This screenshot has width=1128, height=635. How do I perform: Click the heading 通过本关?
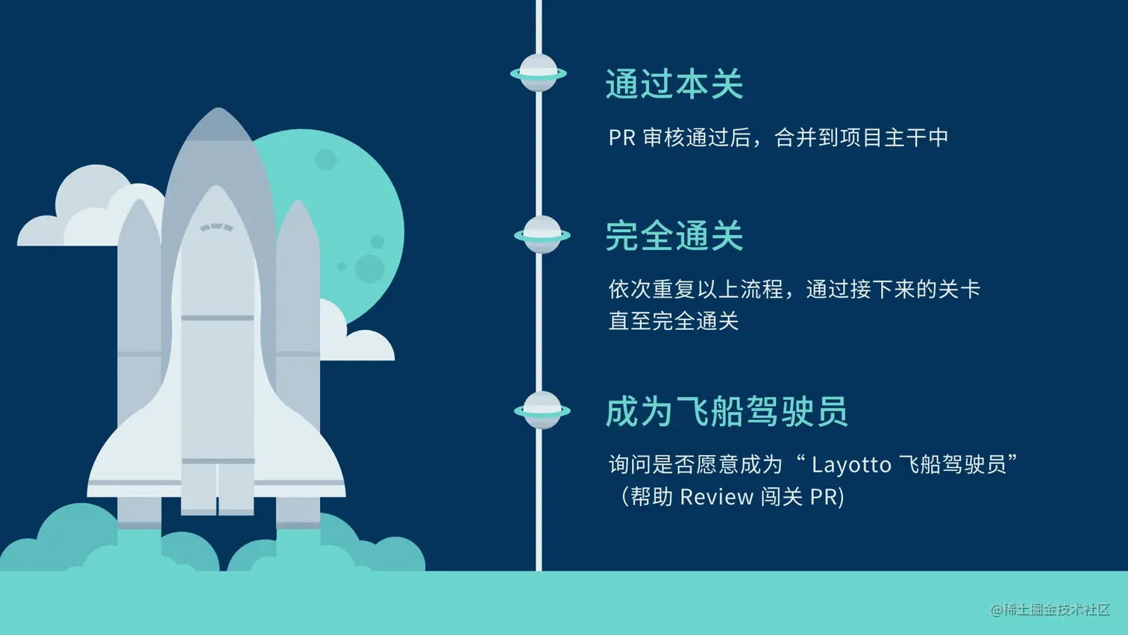674,84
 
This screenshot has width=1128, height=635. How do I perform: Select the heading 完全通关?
674,235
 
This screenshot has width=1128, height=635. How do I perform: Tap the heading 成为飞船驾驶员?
727,411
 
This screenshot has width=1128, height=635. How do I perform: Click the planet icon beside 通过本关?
539,74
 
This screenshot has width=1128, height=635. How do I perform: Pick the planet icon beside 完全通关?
542,234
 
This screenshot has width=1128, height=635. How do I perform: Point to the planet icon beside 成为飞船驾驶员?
542,411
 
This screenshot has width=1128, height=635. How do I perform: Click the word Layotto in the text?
851,465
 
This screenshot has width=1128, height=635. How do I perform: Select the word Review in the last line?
717,497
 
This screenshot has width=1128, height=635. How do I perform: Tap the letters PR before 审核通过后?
622,137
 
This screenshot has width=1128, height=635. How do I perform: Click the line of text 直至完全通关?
673,321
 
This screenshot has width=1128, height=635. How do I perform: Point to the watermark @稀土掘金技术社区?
1050,610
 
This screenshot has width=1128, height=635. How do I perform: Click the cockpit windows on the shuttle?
216,228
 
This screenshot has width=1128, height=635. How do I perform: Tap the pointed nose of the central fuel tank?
218,110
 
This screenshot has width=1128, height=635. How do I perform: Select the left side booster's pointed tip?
139,201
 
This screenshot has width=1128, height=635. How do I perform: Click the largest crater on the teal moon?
370,269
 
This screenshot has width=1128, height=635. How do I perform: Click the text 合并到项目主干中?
861,137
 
